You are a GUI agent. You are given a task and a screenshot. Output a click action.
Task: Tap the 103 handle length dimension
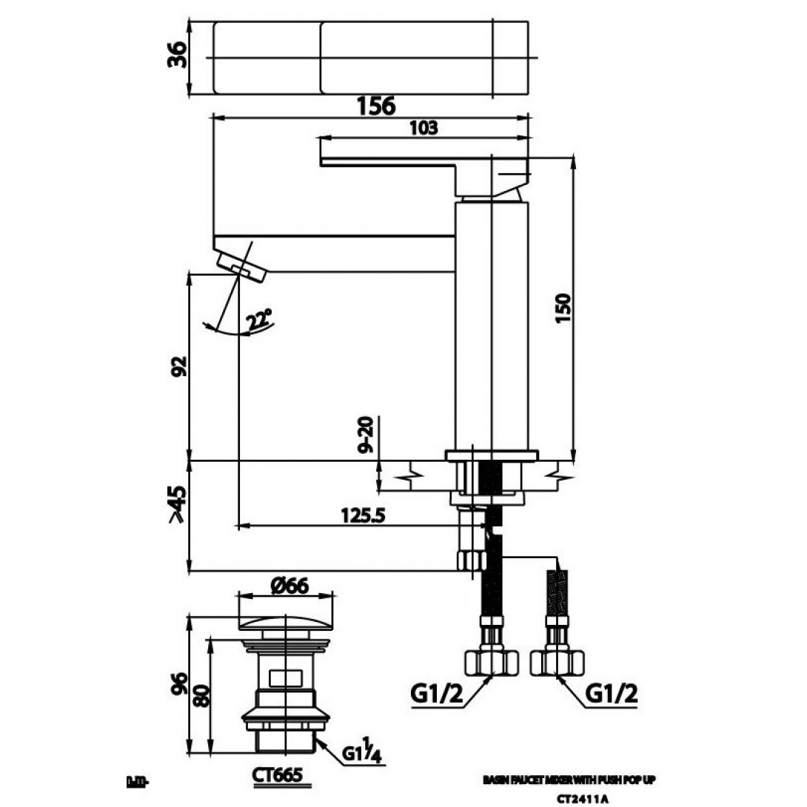(x=423, y=127)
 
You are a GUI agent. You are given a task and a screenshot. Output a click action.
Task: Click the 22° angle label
(x=260, y=321)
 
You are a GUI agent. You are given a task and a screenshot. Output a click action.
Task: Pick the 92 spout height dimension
(x=178, y=365)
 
